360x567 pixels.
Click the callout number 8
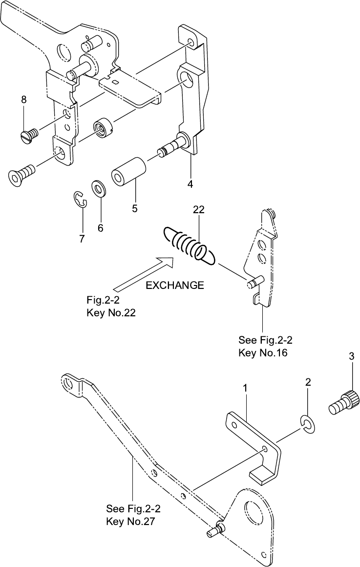pos(23,100)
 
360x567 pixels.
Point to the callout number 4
pos(190,184)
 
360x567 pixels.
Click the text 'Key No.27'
pos(130,522)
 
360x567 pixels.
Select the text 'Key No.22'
pos(111,313)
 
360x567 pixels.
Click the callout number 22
pos(198,210)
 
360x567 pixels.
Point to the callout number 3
pos(352,356)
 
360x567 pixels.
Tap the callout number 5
pos(135,208)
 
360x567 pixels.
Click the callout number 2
pos(308,382)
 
